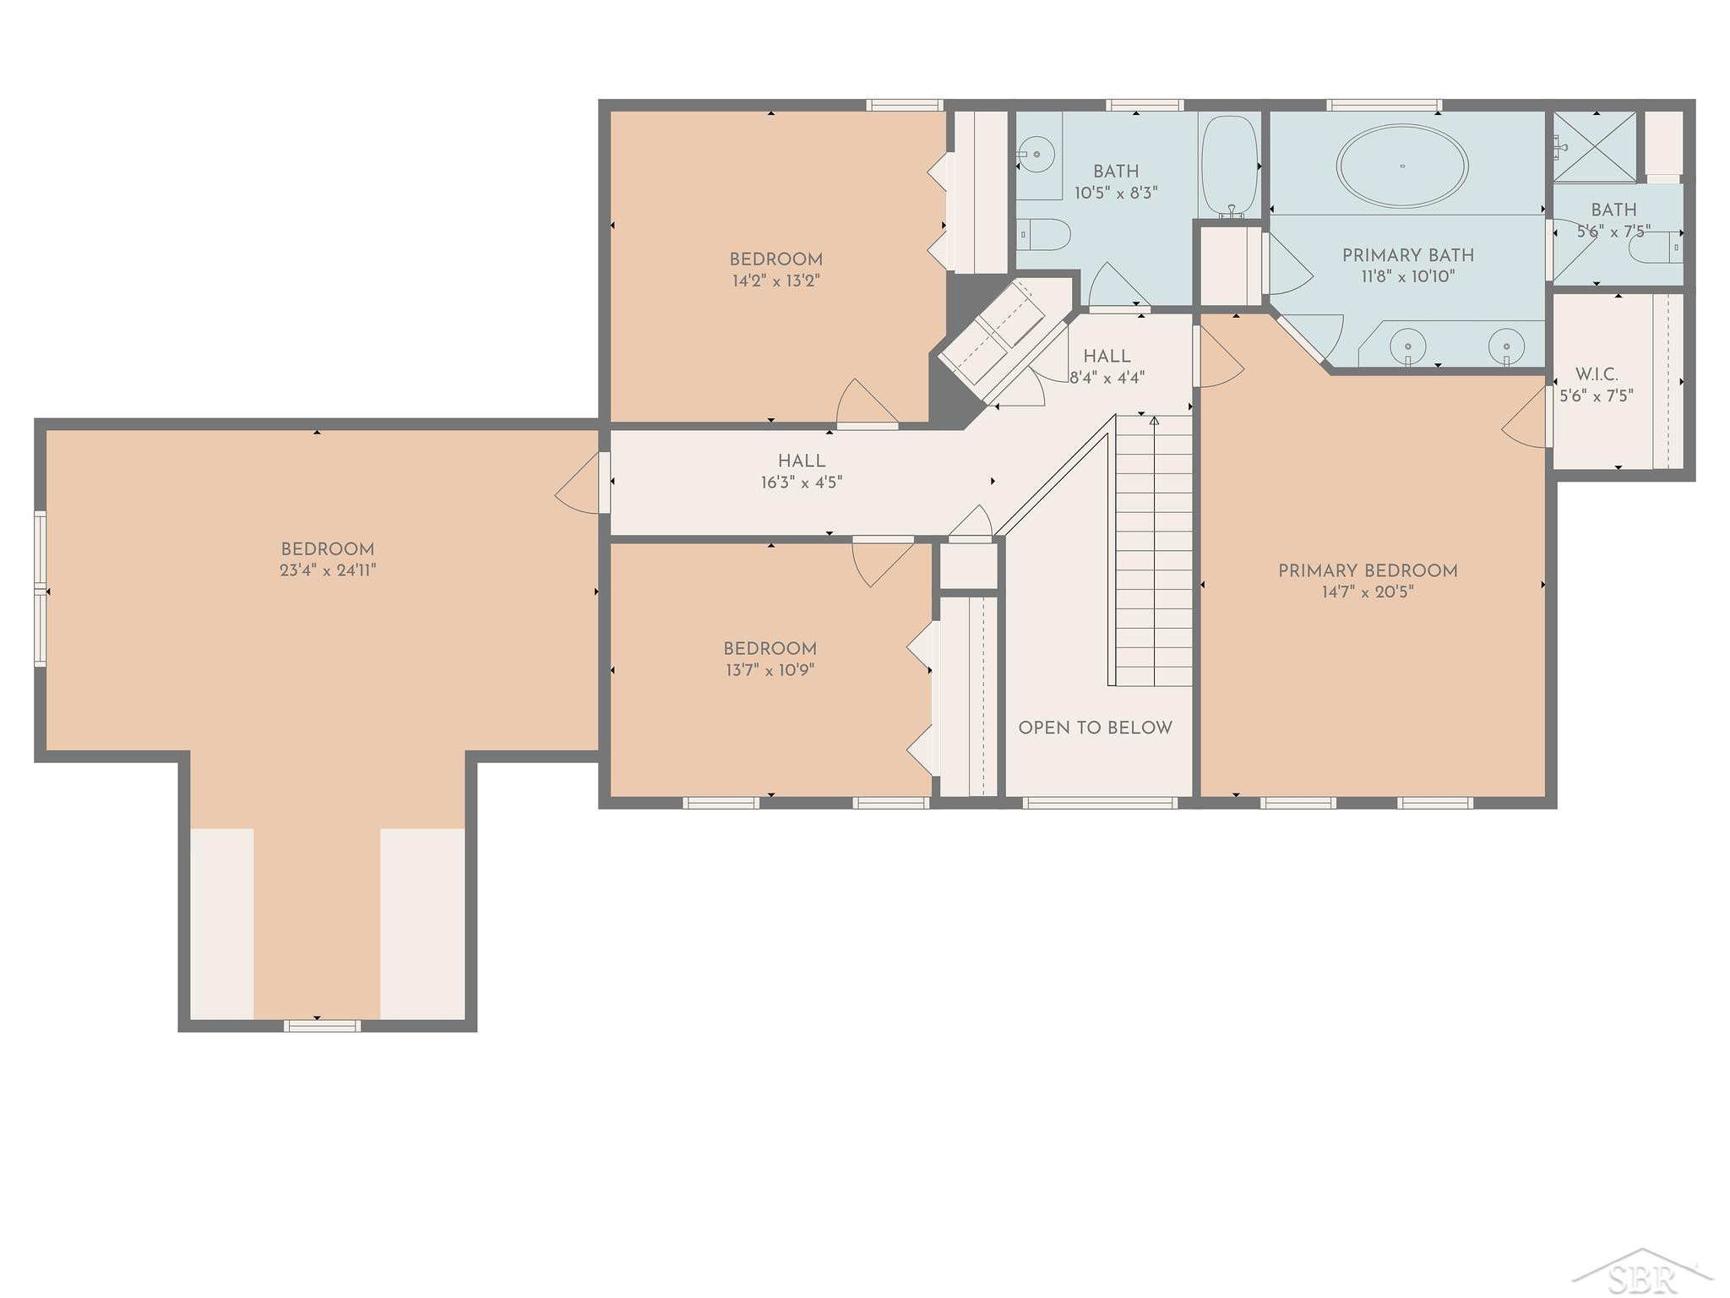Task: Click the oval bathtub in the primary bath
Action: click(1402, 166)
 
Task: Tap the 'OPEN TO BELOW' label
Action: click(1095, 728)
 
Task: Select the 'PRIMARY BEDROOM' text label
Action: click(1368, 570)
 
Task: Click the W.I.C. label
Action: click(1597, 374)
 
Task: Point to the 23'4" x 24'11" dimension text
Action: click(328, 570)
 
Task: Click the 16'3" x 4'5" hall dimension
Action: click(802, 483)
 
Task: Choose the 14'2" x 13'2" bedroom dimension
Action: click(775, 281)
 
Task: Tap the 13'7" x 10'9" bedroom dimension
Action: click(770, 670)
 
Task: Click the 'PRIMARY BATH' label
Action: click(1408, 255)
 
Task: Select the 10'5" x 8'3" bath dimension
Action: click(1116, 193)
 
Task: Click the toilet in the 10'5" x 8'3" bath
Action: click(1042, 232)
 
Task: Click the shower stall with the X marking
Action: click(1596, 146)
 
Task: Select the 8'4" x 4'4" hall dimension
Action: click(1107, 378)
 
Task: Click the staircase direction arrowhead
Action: click(1154, 419)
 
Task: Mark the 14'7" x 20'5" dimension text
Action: click(1368, 592)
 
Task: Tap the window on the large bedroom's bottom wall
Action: click(323, 1026)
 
